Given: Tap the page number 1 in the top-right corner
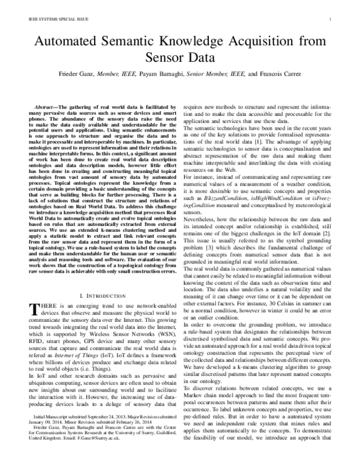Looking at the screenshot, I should click(331, 19).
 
